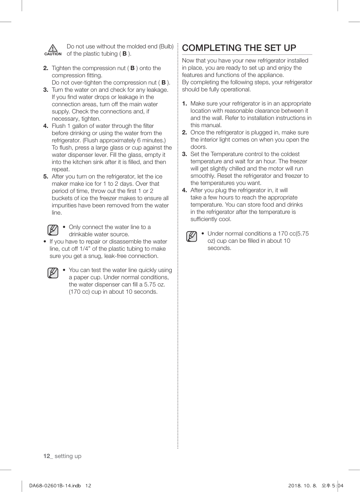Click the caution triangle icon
(53, 48)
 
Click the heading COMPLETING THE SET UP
(239, 48)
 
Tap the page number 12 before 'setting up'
(47, 456)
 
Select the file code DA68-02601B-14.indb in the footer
(55, 485)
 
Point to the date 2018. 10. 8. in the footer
(302, 485)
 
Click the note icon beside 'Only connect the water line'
(53, 230)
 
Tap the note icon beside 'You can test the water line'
(53, 273)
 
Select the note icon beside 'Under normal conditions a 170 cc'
(192, 237)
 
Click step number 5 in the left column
(46, 177)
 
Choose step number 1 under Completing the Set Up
(184, 104)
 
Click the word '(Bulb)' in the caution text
(166, 47)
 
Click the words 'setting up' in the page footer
(68, 456)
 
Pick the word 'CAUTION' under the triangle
(53, 54)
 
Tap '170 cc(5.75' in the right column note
(293, 234)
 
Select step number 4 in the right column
(184, 190)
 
